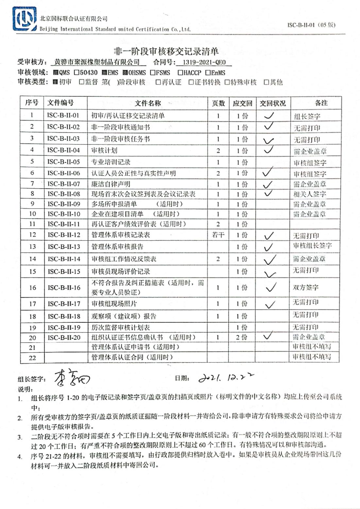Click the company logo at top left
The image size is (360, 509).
[25, 19]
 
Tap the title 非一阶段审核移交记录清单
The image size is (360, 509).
[166, 51]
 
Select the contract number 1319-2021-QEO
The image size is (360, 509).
[204, 62]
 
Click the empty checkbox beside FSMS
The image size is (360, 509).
[153, 73]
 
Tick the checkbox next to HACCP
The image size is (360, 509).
[180, 73]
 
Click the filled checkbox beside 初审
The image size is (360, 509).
[55, 82]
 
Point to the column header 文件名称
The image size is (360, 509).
[148, 103]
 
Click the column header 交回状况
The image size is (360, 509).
[272, 103]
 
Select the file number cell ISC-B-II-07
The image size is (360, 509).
[64, 184]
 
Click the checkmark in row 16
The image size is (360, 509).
[271, 287]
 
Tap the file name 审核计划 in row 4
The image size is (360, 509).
[104, 151]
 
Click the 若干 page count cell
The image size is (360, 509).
[218, 235]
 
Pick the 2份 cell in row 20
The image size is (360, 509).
[242, 337]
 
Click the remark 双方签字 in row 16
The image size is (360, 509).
[305, 287]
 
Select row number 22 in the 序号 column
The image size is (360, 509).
[32, 357]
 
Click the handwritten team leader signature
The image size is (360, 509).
[71, 378]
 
